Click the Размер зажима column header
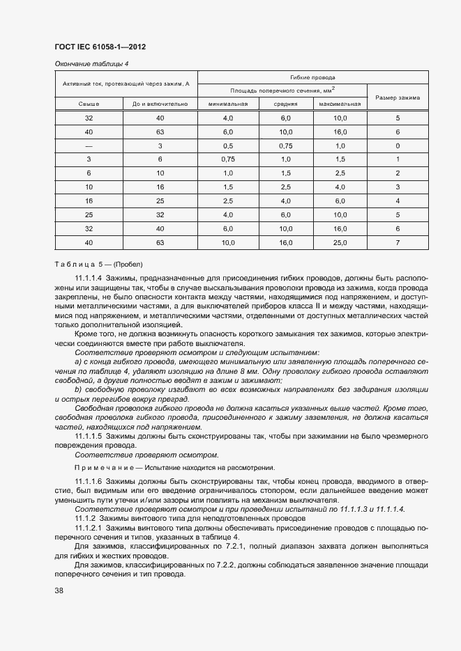[x=398, y=97]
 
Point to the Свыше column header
[x=89, y=104]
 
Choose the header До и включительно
[x=160, y=104]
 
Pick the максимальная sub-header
[x=340, y=104]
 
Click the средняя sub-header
[x=285, y=104]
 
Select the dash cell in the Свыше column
[x=89, y=146]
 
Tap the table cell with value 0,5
[x=227, y=146]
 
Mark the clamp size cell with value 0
[x=398, y=146]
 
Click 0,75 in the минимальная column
[x=227, y=159]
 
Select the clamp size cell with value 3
[x=398, y=187]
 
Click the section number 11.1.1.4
[x=89, y=277]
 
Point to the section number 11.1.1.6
[x=89, y=482]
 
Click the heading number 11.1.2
[x=85, y=519]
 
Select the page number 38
[x=59, y=590]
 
